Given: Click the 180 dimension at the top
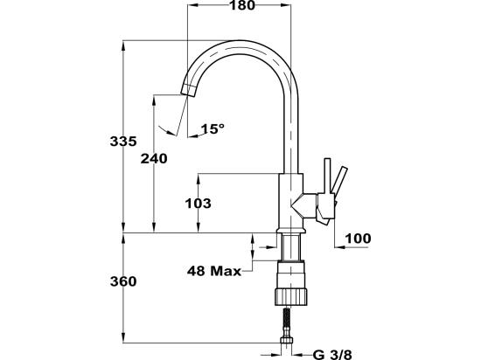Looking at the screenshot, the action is [x=242, y=5].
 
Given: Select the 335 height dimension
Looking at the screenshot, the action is [x=123, y=142].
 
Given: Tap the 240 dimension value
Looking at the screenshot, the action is [x=154, y=158].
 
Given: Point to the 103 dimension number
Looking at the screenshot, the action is [x=199, y=203].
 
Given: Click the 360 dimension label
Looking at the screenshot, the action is [x=123, y=281].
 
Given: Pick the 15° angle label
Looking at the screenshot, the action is [x=213, y=129].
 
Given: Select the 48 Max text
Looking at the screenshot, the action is [x=214, y=271].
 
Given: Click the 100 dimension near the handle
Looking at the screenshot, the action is [x=358, y=239].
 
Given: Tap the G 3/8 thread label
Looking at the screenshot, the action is [x=332, y=355].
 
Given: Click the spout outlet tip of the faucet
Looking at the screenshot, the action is [x=188, y=90].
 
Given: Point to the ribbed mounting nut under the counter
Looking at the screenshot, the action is [x=291, y=296].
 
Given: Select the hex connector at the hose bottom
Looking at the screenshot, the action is [x=287, y=340].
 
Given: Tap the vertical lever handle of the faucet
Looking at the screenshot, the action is [x=327, y=177].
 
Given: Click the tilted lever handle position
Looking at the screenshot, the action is [x=340, y=182].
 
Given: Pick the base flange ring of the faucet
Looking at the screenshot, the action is [x=291, y=231].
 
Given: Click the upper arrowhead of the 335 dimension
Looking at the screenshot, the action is [x=123, y=45].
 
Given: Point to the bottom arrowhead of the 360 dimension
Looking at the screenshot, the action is [x=123, y=337].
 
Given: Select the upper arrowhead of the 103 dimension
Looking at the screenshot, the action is [x=199, y=179].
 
